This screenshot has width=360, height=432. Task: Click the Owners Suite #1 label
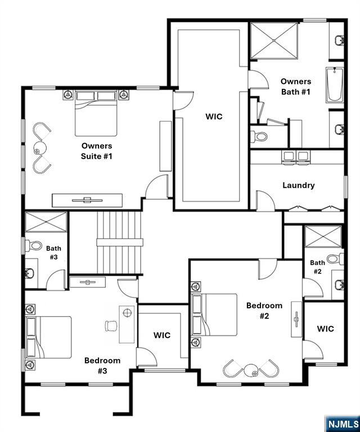click(96, 151)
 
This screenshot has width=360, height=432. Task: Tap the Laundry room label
click(299, 186)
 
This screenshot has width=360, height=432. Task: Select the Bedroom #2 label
click(264, 310)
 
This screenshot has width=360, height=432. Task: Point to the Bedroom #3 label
click(102, 366)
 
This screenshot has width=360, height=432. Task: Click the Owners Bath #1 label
click(295, 87)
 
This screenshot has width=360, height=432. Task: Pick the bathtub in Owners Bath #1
click(335, 85)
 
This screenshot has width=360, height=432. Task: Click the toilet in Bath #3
click(33, 245)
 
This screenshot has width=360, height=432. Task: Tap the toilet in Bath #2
click(335, 258)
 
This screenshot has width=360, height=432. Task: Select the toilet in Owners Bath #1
click(259, 136)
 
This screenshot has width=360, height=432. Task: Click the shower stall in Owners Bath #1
click(274, 40)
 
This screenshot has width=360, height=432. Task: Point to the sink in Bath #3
click(29, 273)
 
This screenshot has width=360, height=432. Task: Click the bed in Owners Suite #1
click(96, 113)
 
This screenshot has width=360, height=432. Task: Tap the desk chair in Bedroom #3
click(111, 326)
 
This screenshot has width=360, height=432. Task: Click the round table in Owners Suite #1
click(40, 148)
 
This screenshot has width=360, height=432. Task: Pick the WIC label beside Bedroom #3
click(162, 335)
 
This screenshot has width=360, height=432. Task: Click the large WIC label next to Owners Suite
click(214, 116)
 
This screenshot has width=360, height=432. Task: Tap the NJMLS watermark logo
click(343, 424)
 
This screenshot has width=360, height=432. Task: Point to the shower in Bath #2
click(323, 236)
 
